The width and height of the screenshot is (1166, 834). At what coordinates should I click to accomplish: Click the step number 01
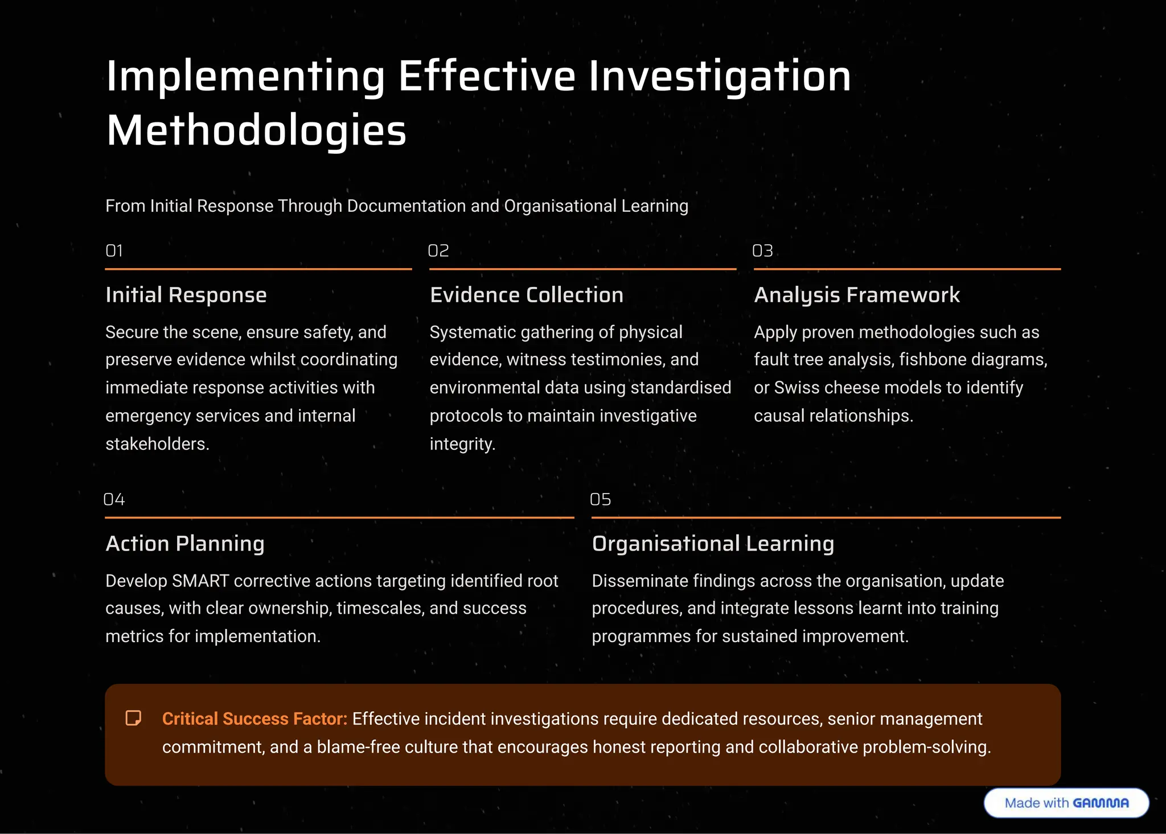114,250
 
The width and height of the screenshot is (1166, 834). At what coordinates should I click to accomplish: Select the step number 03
762,250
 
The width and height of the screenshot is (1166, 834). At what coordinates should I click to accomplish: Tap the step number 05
600,499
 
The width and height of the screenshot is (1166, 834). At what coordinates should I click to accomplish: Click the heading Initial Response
186,295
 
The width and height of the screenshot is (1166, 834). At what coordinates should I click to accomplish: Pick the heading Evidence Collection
527,295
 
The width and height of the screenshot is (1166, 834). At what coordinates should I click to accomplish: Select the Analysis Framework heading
857,295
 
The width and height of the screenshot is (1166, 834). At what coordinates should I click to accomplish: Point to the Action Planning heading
185,544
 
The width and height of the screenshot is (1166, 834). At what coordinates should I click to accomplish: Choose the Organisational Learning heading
713,544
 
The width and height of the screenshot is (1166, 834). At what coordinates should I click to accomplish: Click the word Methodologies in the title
256,130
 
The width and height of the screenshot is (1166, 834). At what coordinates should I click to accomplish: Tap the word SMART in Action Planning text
200,581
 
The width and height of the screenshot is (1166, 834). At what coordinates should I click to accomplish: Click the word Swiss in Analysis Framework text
796,388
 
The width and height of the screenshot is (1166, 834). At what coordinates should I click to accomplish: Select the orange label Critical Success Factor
254,719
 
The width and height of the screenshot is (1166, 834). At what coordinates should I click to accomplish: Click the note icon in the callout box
133,718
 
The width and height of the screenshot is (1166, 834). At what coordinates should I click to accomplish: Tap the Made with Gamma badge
1066,803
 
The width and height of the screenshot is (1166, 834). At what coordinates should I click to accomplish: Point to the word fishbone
932,360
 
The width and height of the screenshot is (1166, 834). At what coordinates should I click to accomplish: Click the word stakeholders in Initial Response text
157,443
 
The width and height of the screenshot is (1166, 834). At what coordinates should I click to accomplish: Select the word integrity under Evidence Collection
462,443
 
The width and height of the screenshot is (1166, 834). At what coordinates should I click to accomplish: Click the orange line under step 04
339,517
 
